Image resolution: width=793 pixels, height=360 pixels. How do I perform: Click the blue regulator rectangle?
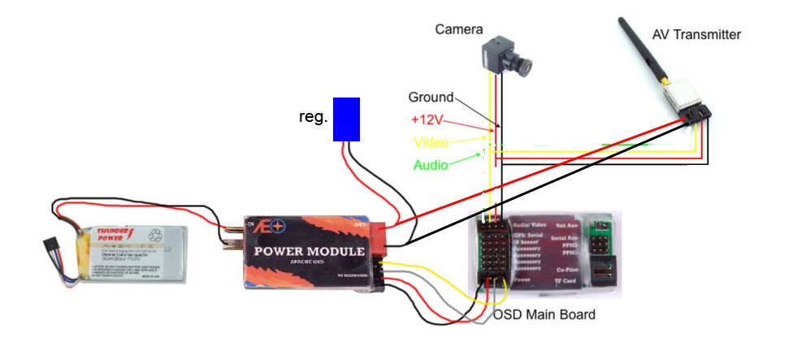(x=347, y=119)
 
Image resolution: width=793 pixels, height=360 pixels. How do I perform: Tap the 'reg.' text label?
(x=314, y=117)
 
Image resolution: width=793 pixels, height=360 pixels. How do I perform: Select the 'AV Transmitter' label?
(x=696, y=34)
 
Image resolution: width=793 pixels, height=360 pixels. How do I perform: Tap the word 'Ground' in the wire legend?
(x=431, y=97)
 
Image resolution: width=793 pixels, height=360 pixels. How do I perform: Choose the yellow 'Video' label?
(x=431, y=142)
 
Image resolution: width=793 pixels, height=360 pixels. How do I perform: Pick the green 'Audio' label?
(x=431, y=165)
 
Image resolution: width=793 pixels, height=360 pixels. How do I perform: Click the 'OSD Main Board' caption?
(x=544, y=314)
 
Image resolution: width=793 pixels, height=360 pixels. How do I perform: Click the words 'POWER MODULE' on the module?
(x=309, y=251)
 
